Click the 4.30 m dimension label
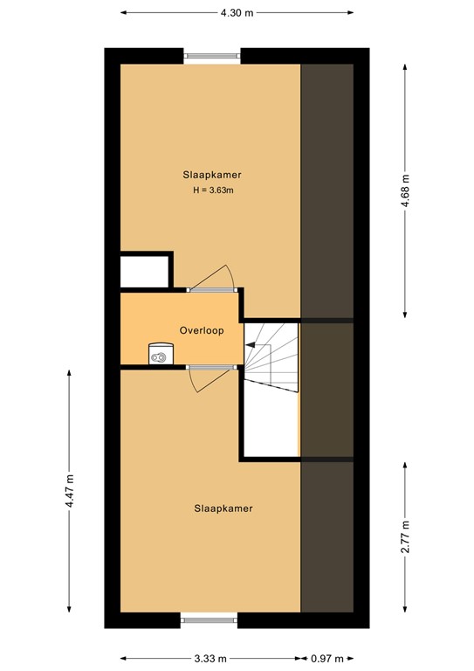237,13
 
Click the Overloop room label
202,331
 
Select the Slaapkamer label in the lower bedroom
223,508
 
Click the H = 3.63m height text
213,190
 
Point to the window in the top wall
212,57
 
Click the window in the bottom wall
210,619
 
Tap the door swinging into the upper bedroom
213,278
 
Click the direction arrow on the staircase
251,346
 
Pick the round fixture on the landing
160,355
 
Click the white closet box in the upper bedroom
145,270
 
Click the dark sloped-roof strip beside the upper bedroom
326,188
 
